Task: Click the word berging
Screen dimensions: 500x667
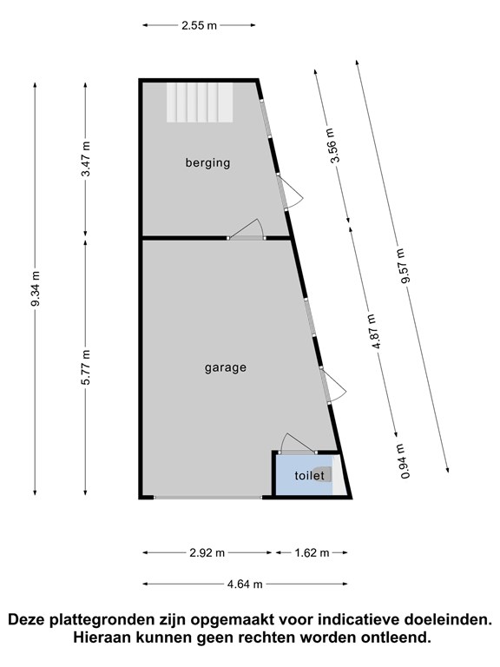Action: (207, 163)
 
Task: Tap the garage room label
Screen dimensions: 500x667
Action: (226, 367)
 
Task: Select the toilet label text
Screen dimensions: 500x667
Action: (309, 475)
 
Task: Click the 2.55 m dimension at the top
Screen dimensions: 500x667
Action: (199, 25)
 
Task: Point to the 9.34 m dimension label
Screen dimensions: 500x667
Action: (35, 288)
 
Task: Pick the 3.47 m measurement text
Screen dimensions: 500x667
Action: (85, 158)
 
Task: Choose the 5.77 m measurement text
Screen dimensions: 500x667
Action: (85, 367)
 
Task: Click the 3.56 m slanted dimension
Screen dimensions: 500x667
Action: (332, 145)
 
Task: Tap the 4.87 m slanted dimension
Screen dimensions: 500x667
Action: (373, 331)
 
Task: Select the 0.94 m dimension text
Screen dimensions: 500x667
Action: (405, 461)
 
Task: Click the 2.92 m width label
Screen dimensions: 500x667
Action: (207, 553)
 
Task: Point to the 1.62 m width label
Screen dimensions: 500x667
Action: (312, 553)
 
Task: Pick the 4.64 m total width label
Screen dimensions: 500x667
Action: (245, 584)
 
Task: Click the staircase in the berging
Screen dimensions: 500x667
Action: (200, 102)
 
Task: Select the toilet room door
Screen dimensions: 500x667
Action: (298, 445)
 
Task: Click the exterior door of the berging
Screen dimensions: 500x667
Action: (289, 192)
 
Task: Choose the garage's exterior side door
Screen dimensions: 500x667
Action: (333, 385)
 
